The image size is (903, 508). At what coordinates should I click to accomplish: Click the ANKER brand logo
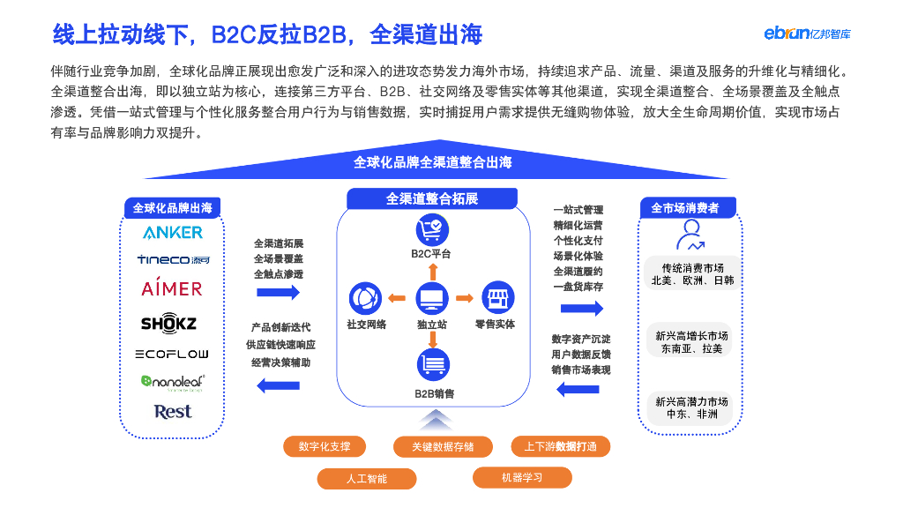(173, 233)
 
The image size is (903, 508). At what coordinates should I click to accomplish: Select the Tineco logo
(173, 260)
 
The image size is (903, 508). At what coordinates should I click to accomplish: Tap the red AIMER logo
(172, 288)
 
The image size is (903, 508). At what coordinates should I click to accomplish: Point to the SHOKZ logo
(168, 323)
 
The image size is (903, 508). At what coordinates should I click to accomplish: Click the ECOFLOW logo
(172, 354)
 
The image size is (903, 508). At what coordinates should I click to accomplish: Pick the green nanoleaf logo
(173, 383)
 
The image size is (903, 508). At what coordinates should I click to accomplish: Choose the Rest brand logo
(173, 412)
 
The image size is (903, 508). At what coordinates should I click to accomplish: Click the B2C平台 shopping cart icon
(432, 230)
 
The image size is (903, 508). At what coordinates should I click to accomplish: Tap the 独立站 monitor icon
(432, 298)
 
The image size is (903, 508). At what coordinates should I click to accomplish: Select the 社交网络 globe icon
(365, 298)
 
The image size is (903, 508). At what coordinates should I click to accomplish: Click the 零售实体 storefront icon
(497, 298)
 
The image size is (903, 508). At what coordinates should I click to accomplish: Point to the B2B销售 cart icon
(432, 364)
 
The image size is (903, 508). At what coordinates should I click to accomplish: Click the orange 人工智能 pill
(367, 479)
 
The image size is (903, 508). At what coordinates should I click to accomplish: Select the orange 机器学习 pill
(522, 477)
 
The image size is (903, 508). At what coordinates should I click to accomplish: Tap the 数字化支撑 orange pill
(325, 446)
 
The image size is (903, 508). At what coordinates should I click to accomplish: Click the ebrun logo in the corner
(808, 34)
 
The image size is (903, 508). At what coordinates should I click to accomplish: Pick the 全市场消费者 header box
(688, 208)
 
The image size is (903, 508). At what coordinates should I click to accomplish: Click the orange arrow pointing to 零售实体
(464, 298)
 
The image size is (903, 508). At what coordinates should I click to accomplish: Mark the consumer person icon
(690, 235)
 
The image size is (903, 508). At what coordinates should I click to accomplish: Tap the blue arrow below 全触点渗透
(278, 293)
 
